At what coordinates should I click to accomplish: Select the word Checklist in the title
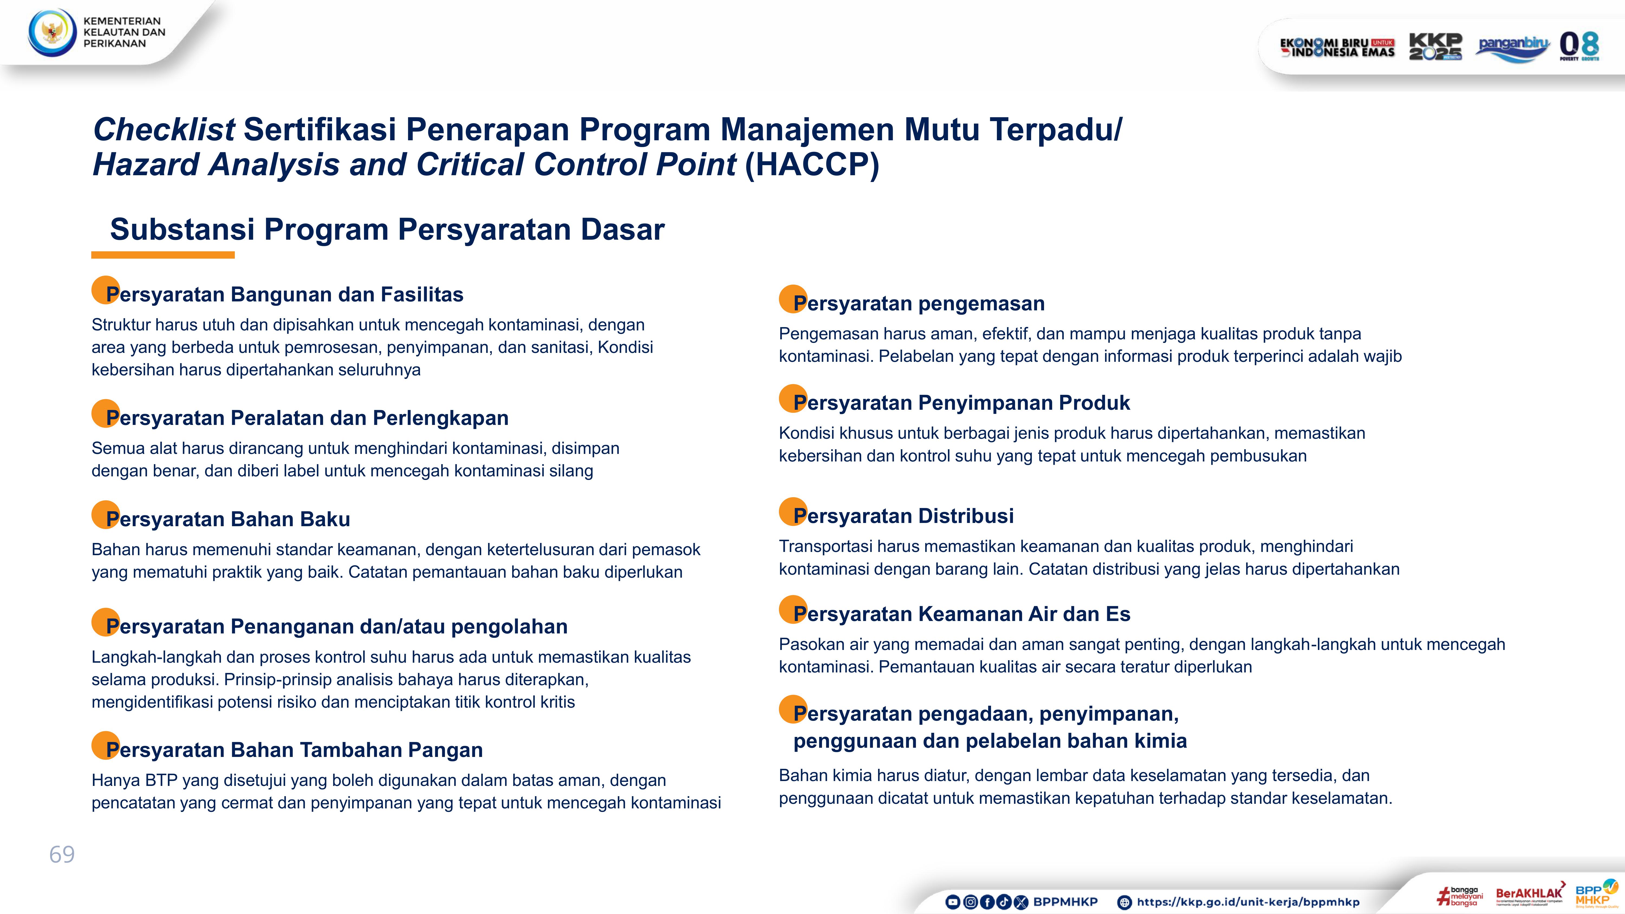[164, 130]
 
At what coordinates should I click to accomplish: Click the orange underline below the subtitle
[163, 255]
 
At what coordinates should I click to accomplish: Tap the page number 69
[62, 855]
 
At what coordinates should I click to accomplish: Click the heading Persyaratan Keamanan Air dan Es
[961, 614]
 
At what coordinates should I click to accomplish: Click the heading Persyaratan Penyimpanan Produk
[961, 402]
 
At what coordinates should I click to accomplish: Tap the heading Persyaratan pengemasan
[918, 303]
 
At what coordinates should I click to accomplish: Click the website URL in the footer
[1248, 902]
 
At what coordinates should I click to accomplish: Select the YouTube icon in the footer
[953, 902]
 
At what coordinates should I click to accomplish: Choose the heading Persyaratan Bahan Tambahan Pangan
[294, 750]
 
